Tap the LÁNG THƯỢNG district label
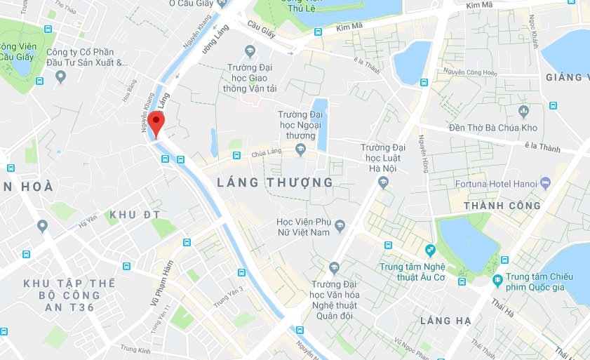[x=275, y=182]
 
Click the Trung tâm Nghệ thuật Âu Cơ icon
[x=430, y=250]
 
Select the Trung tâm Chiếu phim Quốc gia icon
[x=497, y=280]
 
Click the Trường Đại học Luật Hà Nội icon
[x=383, y=182]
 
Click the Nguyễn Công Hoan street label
[x=469, y=72]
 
